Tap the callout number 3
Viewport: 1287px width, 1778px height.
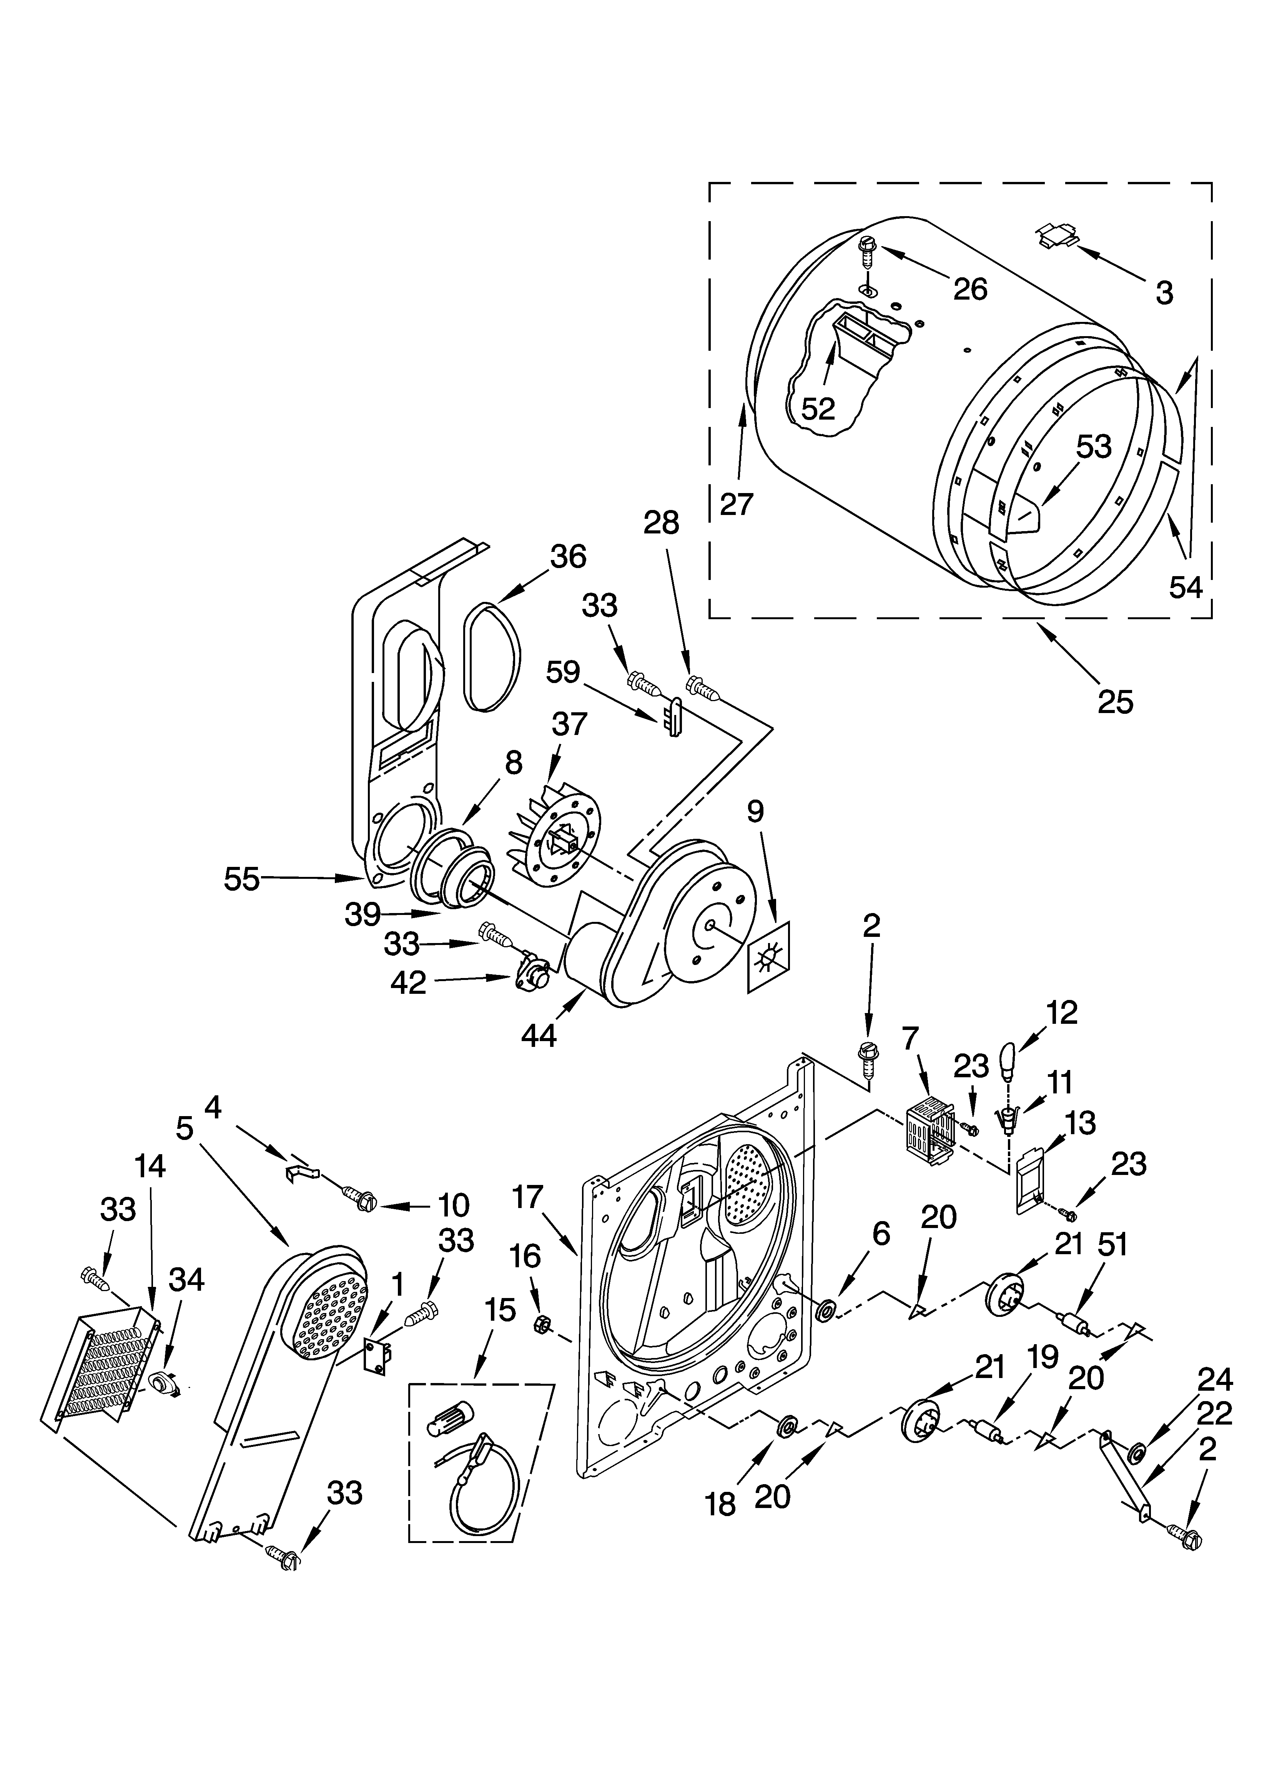coord(1164,293)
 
